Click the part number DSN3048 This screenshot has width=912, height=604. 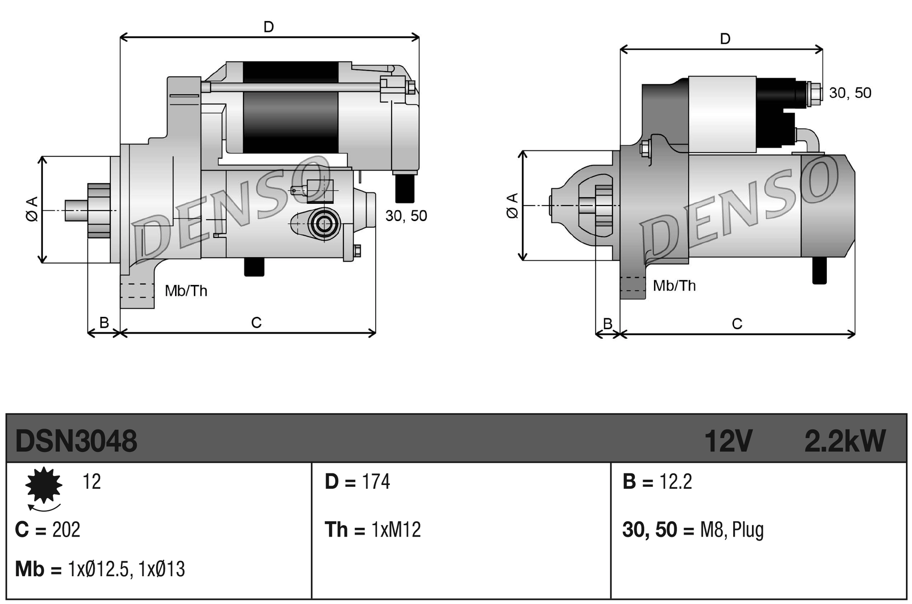(76, 441)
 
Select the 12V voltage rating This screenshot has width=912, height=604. (728, 441)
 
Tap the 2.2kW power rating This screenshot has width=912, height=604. (845, 441)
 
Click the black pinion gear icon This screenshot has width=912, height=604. (44, 485)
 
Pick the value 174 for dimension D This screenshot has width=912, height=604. (376, 482)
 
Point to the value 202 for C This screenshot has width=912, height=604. (66, 530)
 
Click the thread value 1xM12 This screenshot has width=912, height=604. (396, 530)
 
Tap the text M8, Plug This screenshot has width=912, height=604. (731, 530)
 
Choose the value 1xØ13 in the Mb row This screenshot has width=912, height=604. (162, 569)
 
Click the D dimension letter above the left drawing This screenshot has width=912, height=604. (269, 27)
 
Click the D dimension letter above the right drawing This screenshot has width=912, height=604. (725, 39)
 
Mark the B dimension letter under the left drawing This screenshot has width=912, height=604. (104, 322)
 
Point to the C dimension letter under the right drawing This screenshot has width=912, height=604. (737, 324)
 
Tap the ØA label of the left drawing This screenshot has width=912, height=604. (32, 210)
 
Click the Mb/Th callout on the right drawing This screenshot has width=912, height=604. (674, 286)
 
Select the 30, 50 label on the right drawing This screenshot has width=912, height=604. (850, 93)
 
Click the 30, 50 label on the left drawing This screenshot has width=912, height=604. (406, 216)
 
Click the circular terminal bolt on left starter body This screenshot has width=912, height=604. (324, 224)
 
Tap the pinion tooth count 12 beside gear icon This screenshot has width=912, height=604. (91, 482)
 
